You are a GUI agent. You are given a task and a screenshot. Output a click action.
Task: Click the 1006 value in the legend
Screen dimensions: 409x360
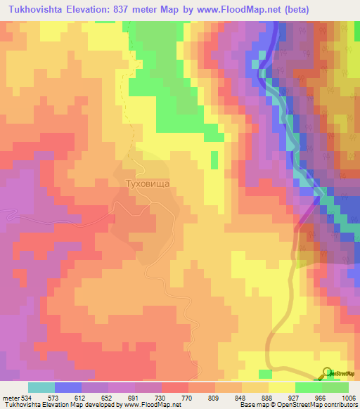coord(349,397)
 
